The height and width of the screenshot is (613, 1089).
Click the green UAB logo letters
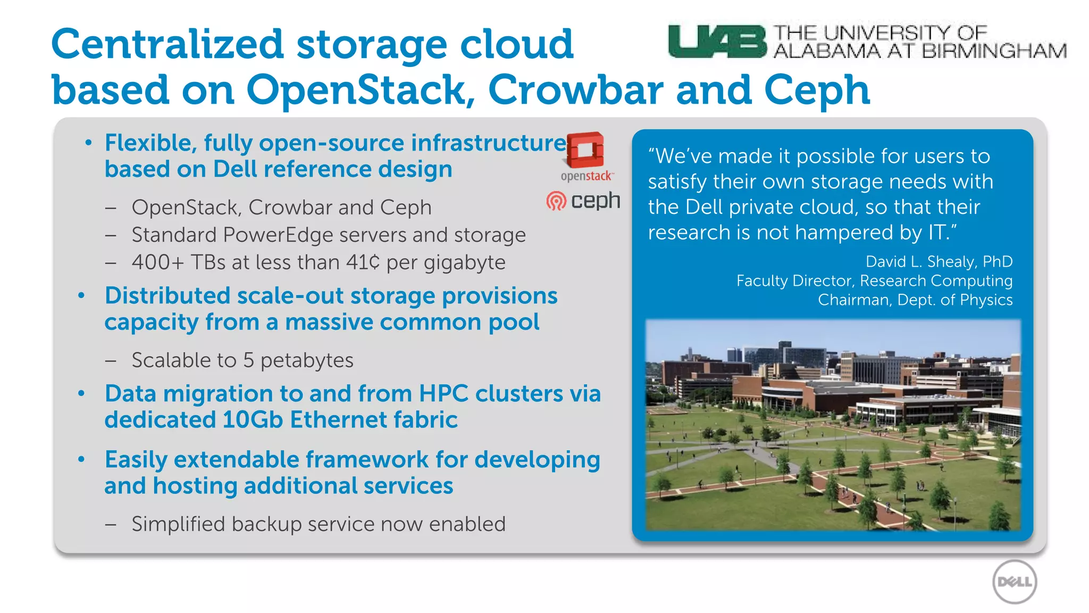click(x=717, y=41)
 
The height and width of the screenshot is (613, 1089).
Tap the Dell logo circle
click(x=1015, y=582)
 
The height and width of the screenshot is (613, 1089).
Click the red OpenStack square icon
click(x=585, y=150)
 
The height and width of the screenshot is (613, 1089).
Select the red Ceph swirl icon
click(x=556, y=201)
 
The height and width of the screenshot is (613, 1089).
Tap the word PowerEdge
click(x=278, y=235)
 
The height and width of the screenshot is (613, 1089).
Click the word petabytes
click(x=307, y=360)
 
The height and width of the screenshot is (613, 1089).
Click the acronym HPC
click(x=443, y=394)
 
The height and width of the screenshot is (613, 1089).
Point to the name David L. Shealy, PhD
click(x=939, y=261)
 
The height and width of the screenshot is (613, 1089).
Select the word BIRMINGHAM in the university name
click(x=994, y=51)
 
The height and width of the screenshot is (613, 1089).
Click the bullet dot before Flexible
click(x=88, y=143)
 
